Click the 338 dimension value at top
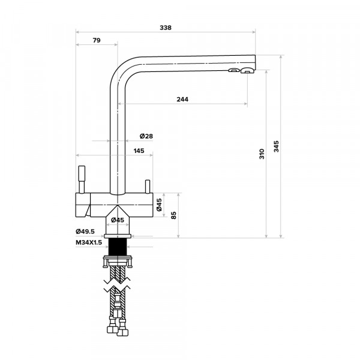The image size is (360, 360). (166, 28)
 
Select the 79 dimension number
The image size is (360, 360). (96, 40)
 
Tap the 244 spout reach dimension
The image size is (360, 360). (182, 100)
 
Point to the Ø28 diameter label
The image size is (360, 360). (146, 136)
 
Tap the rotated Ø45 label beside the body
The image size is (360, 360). (159, 205)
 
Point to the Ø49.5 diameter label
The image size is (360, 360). (86, 232)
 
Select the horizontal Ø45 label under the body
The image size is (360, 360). (117, 220)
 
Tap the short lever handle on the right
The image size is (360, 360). (146, 186)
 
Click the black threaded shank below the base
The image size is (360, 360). (116, 246)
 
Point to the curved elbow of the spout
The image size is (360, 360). (120, 69)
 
